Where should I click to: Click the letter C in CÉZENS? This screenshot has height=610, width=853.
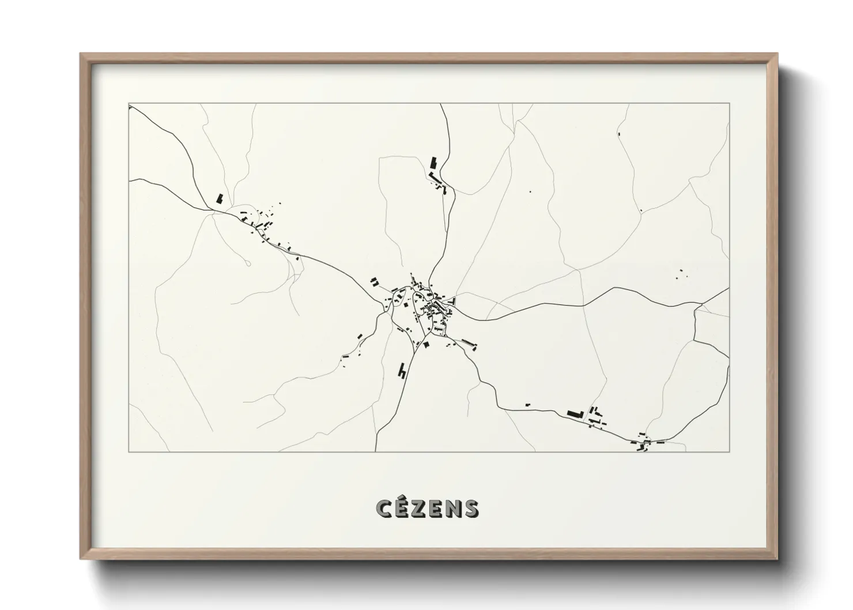click(x=384, y=508)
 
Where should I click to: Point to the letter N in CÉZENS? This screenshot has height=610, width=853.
click(x=454, y=508)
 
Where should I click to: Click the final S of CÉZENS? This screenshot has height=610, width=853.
click(x=471, y=508)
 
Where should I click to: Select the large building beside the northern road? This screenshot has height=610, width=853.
click(x=433, y=162)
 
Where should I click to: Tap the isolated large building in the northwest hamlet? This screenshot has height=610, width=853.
click(x=220, y=199)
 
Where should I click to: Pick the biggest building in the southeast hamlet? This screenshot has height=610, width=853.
click(x=573, y=413)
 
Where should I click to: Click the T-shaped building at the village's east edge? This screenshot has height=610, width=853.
click(x=452, y=300)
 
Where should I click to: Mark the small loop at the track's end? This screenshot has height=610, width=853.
click(x=248, y=263)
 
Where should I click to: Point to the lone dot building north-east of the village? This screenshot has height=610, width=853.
click(x=530, y=191)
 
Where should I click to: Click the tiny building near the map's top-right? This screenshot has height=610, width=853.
click(x=620, y=133)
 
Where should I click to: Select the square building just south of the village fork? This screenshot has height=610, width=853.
click(x=427, y=344)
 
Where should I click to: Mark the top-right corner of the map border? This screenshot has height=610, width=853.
click(x=729, y=104)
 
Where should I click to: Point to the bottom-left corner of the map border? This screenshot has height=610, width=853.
click(x=129, y=451)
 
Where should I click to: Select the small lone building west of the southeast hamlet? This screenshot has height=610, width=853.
click(x=527, y=405)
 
